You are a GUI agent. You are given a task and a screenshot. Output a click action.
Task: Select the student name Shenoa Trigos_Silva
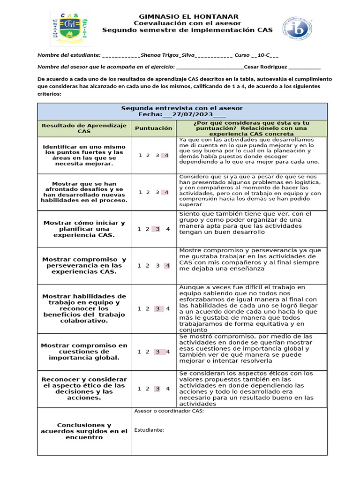pos(168,54)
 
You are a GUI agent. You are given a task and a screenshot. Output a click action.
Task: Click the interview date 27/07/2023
pos(193,114)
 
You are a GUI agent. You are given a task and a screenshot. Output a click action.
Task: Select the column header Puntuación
pos(153,128)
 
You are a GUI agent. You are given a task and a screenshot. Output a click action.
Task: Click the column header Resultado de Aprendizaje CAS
pos(84,128)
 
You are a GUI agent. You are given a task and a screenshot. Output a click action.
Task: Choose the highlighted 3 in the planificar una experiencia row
pos(157,229)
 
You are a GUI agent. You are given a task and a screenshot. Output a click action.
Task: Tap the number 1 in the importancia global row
pos(139,352)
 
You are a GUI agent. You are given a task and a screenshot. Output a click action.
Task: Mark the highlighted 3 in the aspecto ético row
pos(157,388)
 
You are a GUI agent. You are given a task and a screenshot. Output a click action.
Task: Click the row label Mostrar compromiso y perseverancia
pos(84,265)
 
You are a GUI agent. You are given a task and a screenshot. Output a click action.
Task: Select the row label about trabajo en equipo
pos(84,308)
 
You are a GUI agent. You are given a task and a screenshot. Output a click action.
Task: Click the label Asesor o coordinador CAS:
pos(169,412)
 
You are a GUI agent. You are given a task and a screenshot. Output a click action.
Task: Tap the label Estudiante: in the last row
pos(149,430)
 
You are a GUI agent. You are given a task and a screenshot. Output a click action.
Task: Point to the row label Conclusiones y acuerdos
pos(84,431)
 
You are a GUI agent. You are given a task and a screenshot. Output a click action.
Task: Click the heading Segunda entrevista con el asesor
pos(182,108)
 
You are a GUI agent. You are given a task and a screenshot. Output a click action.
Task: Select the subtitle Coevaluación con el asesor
pos(187,23)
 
